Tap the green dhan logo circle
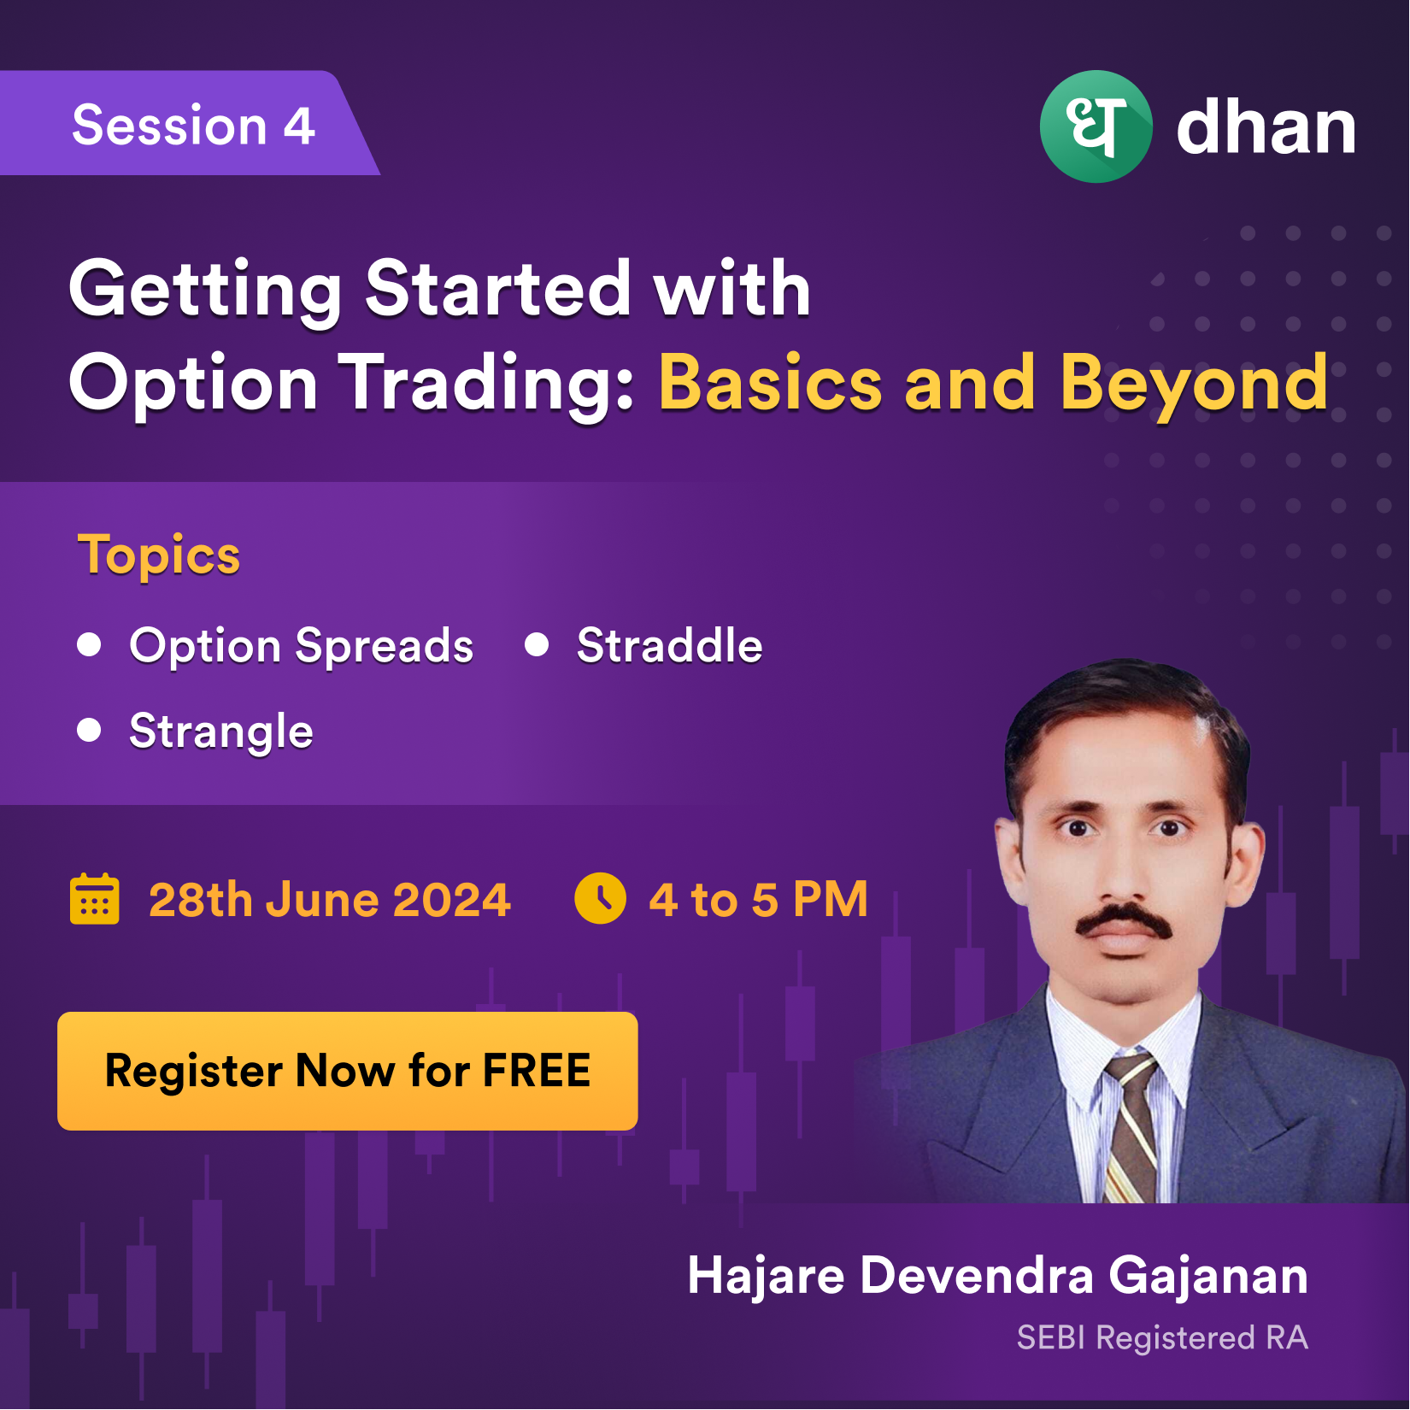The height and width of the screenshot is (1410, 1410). coord(1096,126)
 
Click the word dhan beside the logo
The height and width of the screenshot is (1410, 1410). coord(1266,127)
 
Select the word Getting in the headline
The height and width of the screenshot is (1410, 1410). coord(206,291)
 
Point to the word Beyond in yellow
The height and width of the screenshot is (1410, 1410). coord(1194,384)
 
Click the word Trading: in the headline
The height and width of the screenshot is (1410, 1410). coord(486,384)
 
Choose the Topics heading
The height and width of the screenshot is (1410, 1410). coord(159,555)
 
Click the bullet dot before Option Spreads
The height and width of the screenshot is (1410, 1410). coord(89,644)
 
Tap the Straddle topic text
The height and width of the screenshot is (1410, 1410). coord(669,645)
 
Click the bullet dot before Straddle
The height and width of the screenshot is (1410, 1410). coord(537,644)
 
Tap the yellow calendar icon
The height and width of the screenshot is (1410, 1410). coord(94,899)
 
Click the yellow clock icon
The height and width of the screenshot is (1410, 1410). coord(600,898)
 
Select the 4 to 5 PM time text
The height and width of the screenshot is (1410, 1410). coord(758,899)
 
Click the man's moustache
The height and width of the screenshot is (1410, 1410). coord(1123,921)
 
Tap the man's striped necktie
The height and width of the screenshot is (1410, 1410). coord(1130,1128)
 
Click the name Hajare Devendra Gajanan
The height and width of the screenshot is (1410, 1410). coord(998,1276)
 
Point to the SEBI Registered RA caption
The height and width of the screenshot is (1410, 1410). coord(1162,1338)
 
